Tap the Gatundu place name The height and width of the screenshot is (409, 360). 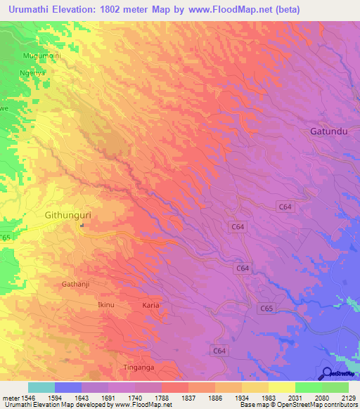click(329, 131)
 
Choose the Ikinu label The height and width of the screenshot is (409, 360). click(105, 305)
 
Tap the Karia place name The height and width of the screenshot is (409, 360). click(150, 306)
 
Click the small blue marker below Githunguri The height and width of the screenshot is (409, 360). click(82, 226)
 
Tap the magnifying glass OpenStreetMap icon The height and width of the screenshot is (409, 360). click(326, 372)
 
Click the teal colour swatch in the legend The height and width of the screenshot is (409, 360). click(41, 387)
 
